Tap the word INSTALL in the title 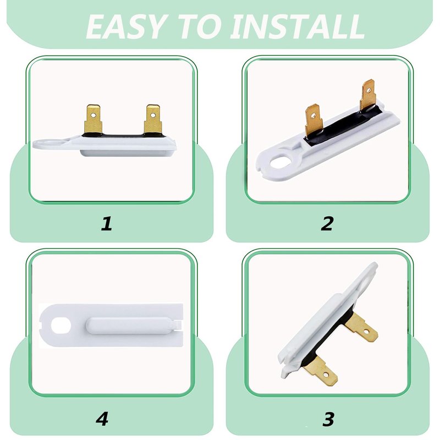[297, 27]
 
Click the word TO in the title [200, 27]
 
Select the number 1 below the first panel [106, 223]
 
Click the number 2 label [327, 223]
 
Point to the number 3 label [328, 419]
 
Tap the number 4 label [102, 419]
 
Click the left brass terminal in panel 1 [93, 119]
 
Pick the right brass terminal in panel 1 [153, 119]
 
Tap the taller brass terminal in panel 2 [368, 95]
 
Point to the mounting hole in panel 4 [61, 326]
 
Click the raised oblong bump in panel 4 [131, 325]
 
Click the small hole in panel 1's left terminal [94, 115]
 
